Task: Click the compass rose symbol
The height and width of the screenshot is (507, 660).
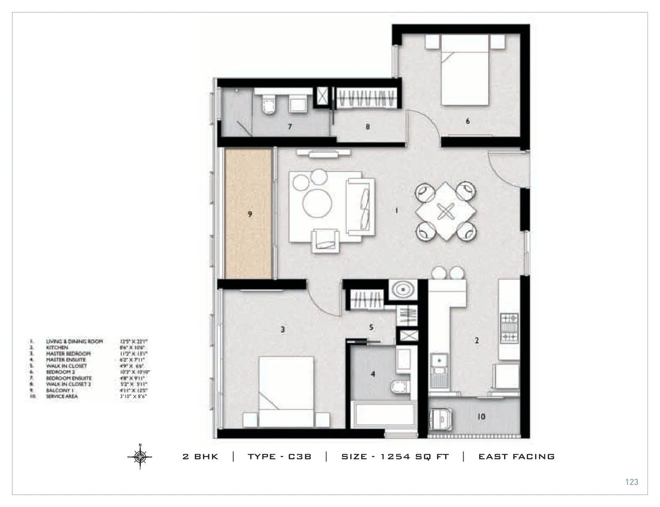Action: [140, 456]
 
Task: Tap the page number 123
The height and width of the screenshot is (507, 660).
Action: [631, 482]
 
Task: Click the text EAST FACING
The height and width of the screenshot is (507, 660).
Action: [516, 457]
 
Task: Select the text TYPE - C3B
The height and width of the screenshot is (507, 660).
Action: [279, 457]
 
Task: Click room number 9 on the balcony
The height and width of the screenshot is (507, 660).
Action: [250, 214]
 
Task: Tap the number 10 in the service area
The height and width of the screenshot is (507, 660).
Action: [481, 416]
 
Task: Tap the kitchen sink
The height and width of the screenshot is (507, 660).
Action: [439, 367]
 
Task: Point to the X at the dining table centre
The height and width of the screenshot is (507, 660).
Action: [446, 211]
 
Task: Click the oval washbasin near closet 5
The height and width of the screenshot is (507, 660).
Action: [403, 290]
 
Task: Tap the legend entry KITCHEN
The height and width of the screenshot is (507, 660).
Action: [57, 347]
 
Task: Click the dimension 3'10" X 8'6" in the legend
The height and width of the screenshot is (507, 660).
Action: [133, 396]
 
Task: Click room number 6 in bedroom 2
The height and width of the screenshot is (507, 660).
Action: [468, 121]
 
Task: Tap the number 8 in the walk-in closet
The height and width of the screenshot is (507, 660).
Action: [367, 127]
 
